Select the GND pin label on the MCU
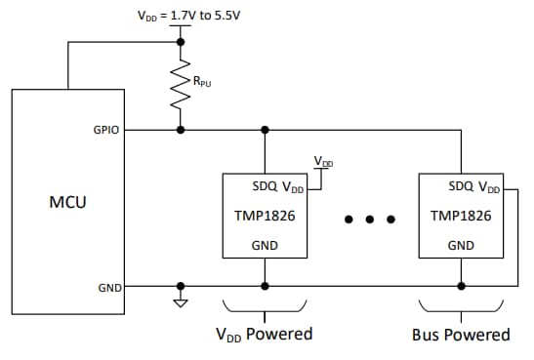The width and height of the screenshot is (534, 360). click(109, 287)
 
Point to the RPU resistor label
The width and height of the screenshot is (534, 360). click(202, 83)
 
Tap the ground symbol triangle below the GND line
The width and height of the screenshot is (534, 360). click(181, 301)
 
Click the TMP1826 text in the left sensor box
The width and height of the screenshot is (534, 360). click(265, 214)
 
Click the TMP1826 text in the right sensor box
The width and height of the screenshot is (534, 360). click(460, 214)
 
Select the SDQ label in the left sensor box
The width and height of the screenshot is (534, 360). click(249, 185)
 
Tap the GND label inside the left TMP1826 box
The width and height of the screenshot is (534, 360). click(265, 246)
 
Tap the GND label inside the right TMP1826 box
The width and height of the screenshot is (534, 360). click(460, 246)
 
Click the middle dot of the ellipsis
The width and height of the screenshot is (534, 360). click(370, 219)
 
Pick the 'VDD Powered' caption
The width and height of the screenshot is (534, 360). click(264, 335)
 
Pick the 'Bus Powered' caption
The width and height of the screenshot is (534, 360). click(461, 335)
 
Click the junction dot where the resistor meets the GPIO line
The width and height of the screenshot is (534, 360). click(181, 129)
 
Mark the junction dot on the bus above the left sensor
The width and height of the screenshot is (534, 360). click(265, 129)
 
